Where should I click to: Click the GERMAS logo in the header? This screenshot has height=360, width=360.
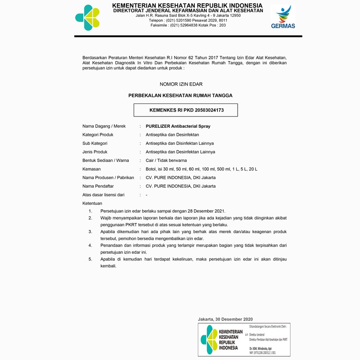point(283,17)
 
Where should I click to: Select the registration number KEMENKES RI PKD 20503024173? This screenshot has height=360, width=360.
point(186,110)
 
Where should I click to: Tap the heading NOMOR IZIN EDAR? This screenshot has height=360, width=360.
point(181,84)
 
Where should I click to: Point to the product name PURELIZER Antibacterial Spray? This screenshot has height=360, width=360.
point(178,126)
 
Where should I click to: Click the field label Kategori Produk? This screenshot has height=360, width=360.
point(98,135)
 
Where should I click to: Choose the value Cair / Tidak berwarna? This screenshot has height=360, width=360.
point(166,161)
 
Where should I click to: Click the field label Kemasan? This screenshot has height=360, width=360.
point(91,169)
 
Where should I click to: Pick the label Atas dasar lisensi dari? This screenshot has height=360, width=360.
point(103,195)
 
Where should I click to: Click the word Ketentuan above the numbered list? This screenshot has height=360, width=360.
point(92,203)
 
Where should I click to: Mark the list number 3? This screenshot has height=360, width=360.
point(90,232)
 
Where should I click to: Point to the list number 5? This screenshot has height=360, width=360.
point(90,260)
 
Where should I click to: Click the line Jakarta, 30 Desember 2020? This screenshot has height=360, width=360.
point(225,319)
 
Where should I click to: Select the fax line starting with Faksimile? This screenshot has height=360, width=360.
point(188,26)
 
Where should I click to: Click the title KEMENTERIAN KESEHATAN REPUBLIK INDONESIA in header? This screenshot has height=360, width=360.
point(187,5)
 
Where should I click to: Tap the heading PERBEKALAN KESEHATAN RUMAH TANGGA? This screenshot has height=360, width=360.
point(180,95)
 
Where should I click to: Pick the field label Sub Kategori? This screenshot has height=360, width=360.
point(95,144)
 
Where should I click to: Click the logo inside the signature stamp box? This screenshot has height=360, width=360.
point(209,340)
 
